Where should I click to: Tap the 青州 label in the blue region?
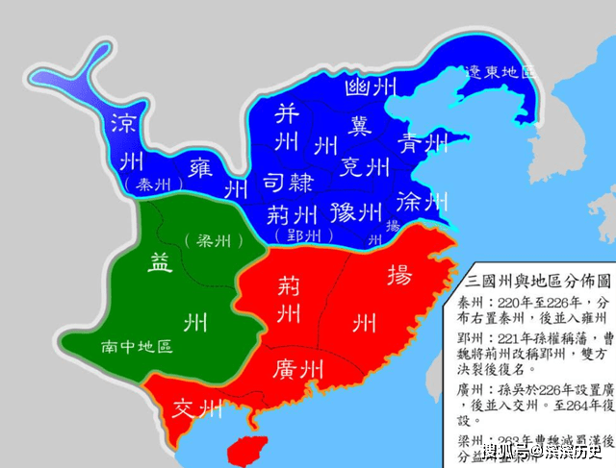(x=424, y=145)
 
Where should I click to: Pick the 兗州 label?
(x=365, y=167)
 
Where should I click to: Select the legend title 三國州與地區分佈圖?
(x=539, y=283)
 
